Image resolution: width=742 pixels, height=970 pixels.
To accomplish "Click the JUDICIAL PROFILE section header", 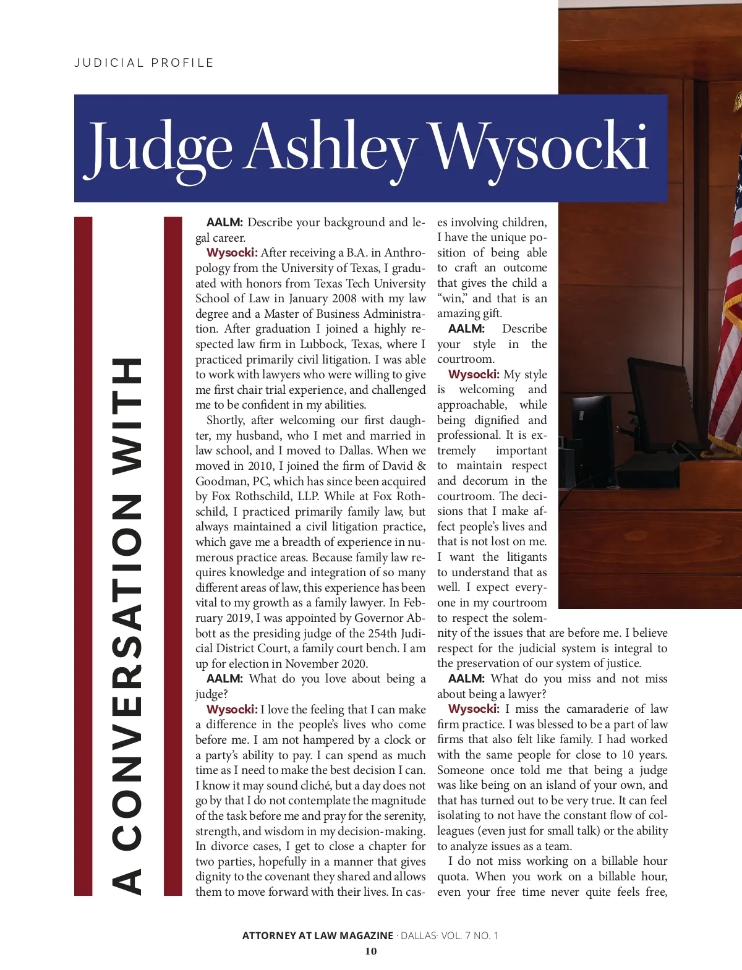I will point(144,63).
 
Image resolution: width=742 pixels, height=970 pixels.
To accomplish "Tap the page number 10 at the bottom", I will point(370,951).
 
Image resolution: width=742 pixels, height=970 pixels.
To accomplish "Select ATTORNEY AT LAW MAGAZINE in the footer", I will point(317,935).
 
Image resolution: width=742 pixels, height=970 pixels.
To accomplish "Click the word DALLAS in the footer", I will point(419,935).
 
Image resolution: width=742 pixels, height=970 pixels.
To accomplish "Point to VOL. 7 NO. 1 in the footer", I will point(469,935).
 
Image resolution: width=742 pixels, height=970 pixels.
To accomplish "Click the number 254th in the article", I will point(383,634).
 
